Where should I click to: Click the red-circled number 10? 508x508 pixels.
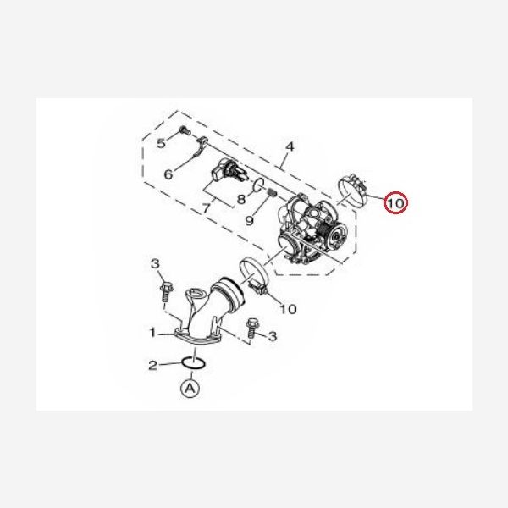(395, 203)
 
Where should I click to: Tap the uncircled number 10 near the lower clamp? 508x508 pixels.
(288, 309)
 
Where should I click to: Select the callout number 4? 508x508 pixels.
(290, 146)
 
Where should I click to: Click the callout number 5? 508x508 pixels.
(161, 143)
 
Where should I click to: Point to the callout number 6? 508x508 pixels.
(168, 174)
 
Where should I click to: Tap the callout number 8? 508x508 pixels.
(241, 199)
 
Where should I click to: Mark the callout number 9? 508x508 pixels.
(249, 221)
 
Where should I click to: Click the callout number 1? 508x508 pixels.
(152, 332)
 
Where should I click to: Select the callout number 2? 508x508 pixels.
(152, 366)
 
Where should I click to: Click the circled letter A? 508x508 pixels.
(190, 388)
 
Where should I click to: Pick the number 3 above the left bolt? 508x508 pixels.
(155, 263)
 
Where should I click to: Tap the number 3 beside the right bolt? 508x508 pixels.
(273, 336)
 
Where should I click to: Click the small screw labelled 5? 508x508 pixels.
(185, 130)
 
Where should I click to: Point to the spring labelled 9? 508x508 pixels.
(273, 193)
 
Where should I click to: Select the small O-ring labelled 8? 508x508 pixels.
(258, 185)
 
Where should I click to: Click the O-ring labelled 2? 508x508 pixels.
(193, 363)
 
